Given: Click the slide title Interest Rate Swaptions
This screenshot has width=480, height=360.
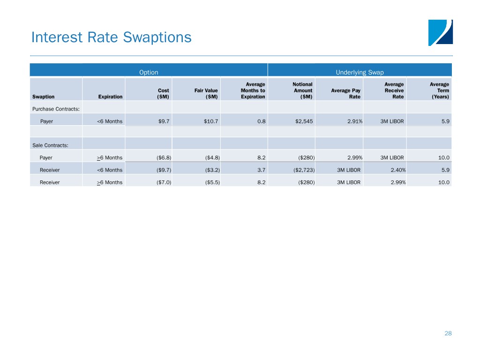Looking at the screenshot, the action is (112, 37).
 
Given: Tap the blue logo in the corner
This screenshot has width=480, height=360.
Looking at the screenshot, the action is (441, 33).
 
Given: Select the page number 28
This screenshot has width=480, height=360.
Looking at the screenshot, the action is (448, 333).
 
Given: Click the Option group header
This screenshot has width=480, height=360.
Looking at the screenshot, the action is (149, 72).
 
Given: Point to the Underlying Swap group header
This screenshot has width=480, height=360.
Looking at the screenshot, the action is (360, 72).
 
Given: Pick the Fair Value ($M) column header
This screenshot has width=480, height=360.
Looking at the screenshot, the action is (206, 93).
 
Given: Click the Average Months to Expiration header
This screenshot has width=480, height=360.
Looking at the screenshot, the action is (253, 90).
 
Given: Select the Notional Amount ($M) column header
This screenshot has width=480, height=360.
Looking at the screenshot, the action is (302, 90).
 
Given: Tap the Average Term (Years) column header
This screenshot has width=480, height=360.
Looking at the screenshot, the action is (439, 90).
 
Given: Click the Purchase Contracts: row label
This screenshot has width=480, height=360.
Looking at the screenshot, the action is (56, 109).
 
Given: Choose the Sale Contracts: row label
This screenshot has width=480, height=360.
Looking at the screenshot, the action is (50, 145).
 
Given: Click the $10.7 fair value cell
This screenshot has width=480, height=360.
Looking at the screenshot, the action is (211, 121).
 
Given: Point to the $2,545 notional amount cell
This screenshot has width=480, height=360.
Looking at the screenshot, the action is (304, 121).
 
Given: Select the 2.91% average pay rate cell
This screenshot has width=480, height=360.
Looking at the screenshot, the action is (355, 121).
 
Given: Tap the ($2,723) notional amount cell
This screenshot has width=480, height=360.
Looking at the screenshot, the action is (304, 170).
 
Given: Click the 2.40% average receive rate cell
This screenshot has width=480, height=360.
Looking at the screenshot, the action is (398, 170).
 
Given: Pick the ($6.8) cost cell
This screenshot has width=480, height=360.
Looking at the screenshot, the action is (164, 157).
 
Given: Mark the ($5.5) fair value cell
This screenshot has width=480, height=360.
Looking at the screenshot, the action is (212, 182).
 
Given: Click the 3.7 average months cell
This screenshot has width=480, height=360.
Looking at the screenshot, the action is (262, 170).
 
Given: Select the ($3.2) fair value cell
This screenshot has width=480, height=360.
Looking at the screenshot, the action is (212, 170).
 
